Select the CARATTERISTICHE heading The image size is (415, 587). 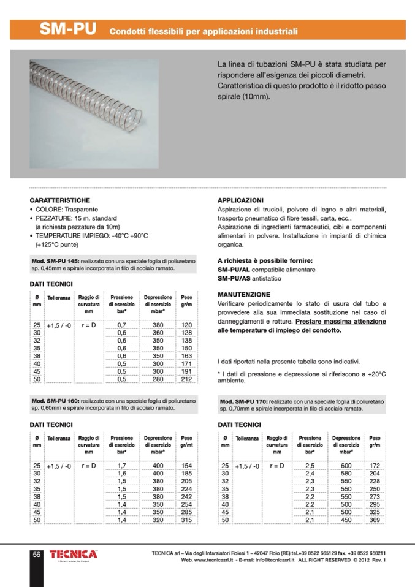pos(60,200)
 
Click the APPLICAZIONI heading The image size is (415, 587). pos(241,200)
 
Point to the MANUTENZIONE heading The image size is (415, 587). pos(244,295)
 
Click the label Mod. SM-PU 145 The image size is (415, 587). pos(54,260)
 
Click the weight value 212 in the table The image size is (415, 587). pos(186,379)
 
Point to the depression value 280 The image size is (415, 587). pos(158,379)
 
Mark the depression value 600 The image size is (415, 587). pos(346,466)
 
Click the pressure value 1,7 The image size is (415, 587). pos(121,466)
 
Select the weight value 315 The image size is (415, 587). pos(186,520)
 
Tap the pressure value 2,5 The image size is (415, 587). pos(310,466)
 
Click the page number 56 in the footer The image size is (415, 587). pos(36,555)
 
